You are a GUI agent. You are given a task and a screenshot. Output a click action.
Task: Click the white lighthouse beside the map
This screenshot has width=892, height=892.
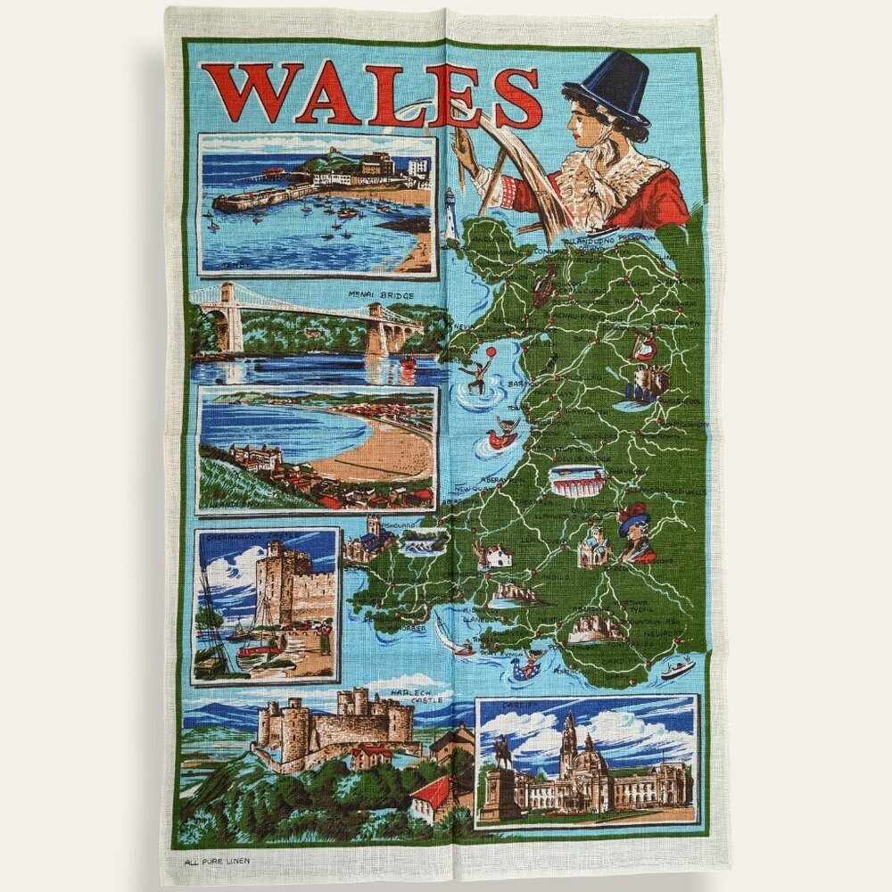[x=450, y=217]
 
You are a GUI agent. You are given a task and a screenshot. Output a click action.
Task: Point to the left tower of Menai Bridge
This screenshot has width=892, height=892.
[x=230, y=318]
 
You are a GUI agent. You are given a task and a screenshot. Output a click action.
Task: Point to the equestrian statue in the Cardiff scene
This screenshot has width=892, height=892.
[x=502, y=754]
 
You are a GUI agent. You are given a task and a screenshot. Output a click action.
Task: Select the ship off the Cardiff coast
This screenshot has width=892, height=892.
[x=677, y=667]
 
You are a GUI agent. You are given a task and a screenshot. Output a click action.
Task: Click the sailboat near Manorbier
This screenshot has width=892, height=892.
[x=446, y=638]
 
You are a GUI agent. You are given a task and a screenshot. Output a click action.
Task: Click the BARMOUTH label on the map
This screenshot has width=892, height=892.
[x=517, y=384]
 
